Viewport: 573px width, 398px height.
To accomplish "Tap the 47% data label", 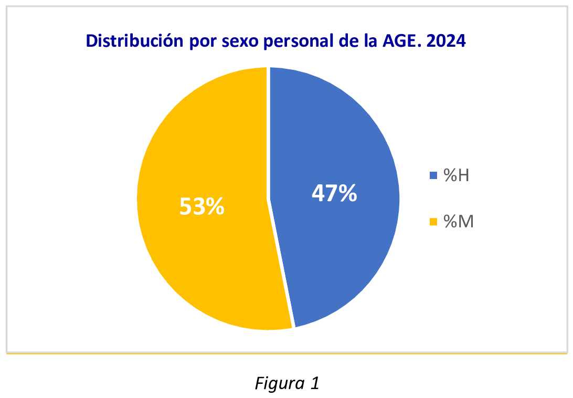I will [334, 193].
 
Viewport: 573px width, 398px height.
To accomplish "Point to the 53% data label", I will [202, 206].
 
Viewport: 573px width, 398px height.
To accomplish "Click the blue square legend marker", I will [433, 176].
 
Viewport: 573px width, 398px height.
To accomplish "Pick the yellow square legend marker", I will [433, 222].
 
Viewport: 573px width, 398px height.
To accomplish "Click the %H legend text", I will [456, 176].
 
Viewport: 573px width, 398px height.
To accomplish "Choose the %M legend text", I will [459, 222].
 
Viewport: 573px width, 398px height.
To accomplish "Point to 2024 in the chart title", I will [447, 41].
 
